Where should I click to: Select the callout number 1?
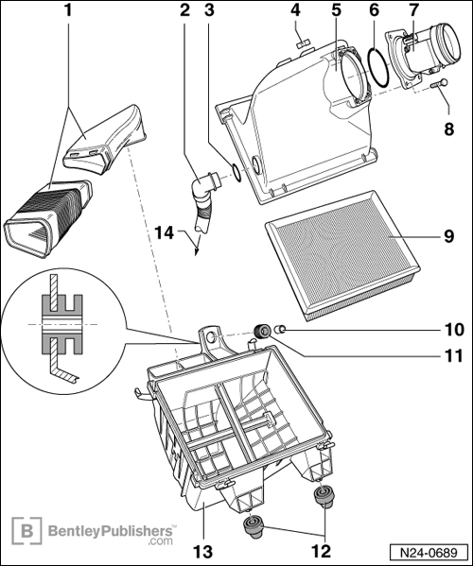pos(66,12)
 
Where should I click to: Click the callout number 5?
pos(336,12)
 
